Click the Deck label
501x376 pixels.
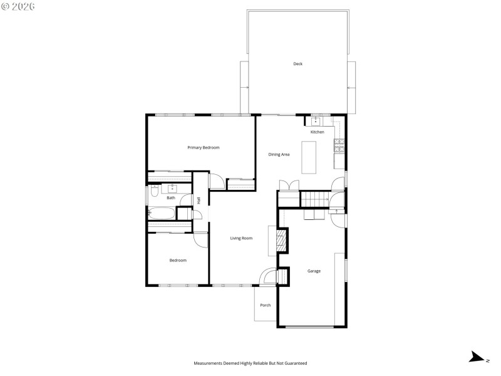click(x=298, y=64)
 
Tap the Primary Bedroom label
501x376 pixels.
click(x=204, y=147)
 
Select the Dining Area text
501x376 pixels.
click(x=279, y=154)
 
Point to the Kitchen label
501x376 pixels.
click(x=318, y=132)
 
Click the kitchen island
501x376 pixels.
click(x=309, y=157)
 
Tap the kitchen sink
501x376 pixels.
click(x=316, y=120)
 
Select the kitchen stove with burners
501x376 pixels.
click(x=339, y=147)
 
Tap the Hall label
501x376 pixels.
click(x=199, y=201)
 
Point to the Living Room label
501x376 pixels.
click(x=241, y=238)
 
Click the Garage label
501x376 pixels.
click(x=314, y=271)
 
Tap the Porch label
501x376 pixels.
click(x=266, y=305)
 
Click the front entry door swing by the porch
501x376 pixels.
click(x=267, y=277)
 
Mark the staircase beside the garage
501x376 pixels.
click(x=314, y=199)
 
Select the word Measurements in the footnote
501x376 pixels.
click(x=207, y=363)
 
